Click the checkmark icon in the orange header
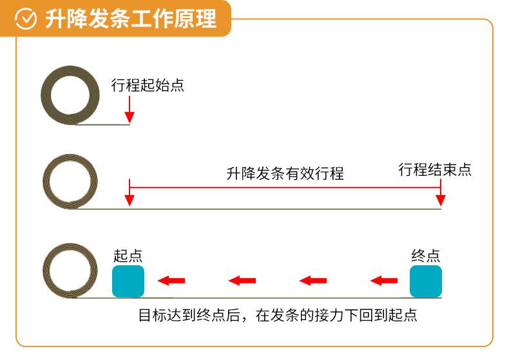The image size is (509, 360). pos(26,19)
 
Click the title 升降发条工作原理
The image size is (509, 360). pos(131,19)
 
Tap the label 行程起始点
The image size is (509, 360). pos(148,85)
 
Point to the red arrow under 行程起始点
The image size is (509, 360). pos(130,109)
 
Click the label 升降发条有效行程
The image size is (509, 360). pos(285,173)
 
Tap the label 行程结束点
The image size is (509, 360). pos(435,169)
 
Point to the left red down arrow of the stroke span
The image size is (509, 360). pos(130,193)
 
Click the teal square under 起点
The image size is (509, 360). pos(128,281)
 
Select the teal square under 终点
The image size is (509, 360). pos(426,281)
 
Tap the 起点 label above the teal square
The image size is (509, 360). pos(128,256)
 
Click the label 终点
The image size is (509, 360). pos(426,256)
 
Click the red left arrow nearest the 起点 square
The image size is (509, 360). pos(171,281)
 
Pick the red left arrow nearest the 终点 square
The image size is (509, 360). pos(384,281)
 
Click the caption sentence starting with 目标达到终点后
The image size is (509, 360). pos(278,316)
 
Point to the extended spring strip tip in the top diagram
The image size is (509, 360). pos(130,124)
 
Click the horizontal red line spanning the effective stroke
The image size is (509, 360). pos(285,187)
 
